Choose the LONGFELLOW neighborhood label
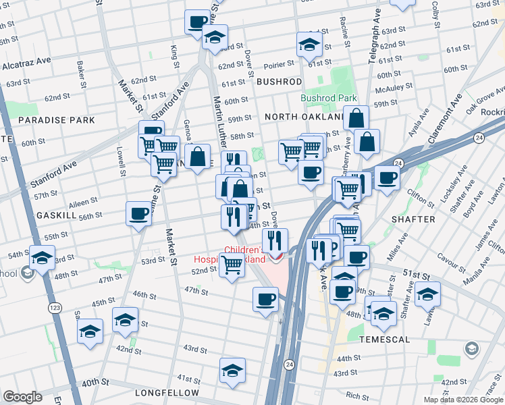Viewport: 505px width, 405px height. (x=167, y=392)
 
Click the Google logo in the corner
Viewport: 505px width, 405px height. (x=22, y=397)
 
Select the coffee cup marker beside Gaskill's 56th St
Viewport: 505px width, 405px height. (x=138, y=214)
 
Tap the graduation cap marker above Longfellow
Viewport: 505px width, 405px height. (x=232, y=370)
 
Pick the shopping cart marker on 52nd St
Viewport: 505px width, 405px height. (x=232, y=265)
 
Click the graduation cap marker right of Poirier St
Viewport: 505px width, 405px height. (x=309, y=45)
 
